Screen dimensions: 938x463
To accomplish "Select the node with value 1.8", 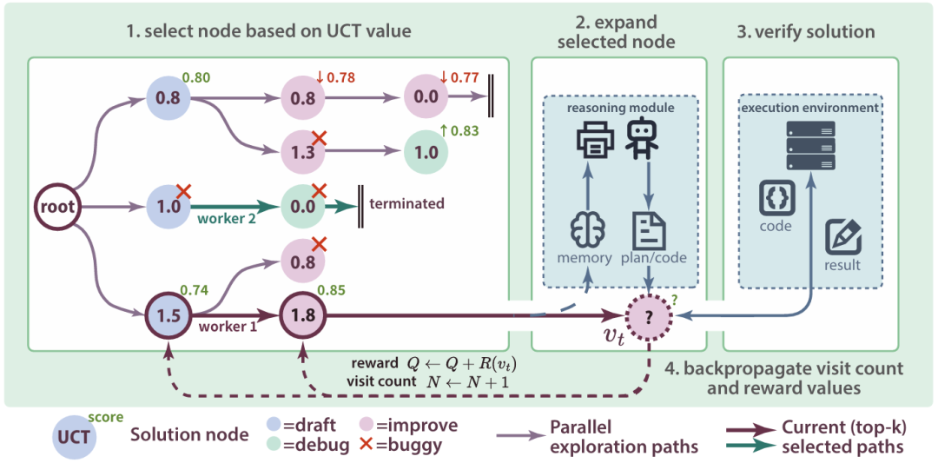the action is click(x=302, y=315).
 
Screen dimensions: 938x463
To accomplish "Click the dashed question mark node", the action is click(x=647, y=315).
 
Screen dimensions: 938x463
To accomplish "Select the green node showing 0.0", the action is click(x=302, y=207).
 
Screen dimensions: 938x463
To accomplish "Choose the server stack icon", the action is click(x=810, y=145).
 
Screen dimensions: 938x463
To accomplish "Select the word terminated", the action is click(x=407, y=204).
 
